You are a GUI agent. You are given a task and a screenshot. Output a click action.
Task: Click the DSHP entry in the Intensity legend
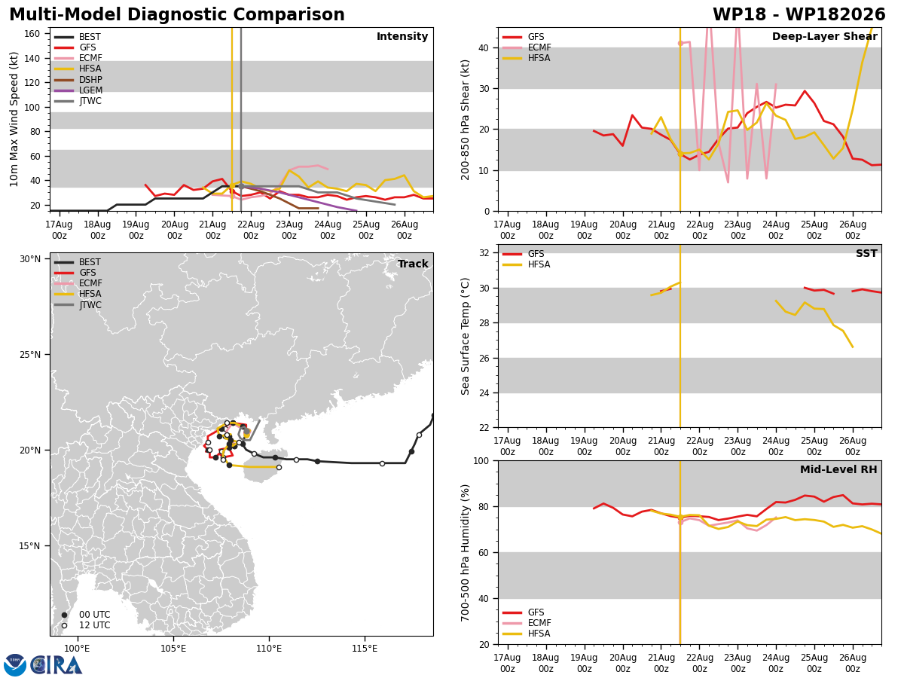(x=78, y=79)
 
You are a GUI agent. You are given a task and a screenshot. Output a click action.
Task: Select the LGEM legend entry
(x=78, y=90)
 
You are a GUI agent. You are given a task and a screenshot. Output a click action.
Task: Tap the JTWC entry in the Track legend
(x=78, y=305)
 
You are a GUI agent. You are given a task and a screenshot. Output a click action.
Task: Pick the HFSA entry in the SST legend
(x=527, y=264)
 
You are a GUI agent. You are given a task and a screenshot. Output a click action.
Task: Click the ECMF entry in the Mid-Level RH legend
(x=527, y=623)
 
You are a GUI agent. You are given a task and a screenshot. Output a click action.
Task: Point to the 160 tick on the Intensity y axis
(x=32, y=34)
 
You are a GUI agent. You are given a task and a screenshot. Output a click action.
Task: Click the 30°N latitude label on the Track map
(x=30, y=259)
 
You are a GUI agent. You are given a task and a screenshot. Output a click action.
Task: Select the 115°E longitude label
(x=365, y=649)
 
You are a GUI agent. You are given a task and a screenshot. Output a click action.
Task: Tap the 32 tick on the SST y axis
(x=484, y=253)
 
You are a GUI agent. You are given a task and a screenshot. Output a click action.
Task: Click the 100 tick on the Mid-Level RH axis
(x=481, y=460)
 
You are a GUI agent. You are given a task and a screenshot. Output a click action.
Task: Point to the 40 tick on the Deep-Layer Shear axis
(x=484, y=47)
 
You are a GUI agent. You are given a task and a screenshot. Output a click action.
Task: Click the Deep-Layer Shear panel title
(x=824, y=36)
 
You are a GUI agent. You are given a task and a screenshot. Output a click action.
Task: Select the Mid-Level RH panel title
(x=838, y=469)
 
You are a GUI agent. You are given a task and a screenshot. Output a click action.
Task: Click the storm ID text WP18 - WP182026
(x=799, y=14)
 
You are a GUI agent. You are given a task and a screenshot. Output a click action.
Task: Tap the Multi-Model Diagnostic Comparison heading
(x=177, y=14)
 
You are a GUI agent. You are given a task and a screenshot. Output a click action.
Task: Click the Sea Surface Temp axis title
(x=465, y=336)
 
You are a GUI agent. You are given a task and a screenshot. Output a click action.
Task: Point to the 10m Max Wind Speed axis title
(x=14, y=119)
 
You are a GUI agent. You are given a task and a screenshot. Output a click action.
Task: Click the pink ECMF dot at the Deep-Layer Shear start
(x=680, y=43)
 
